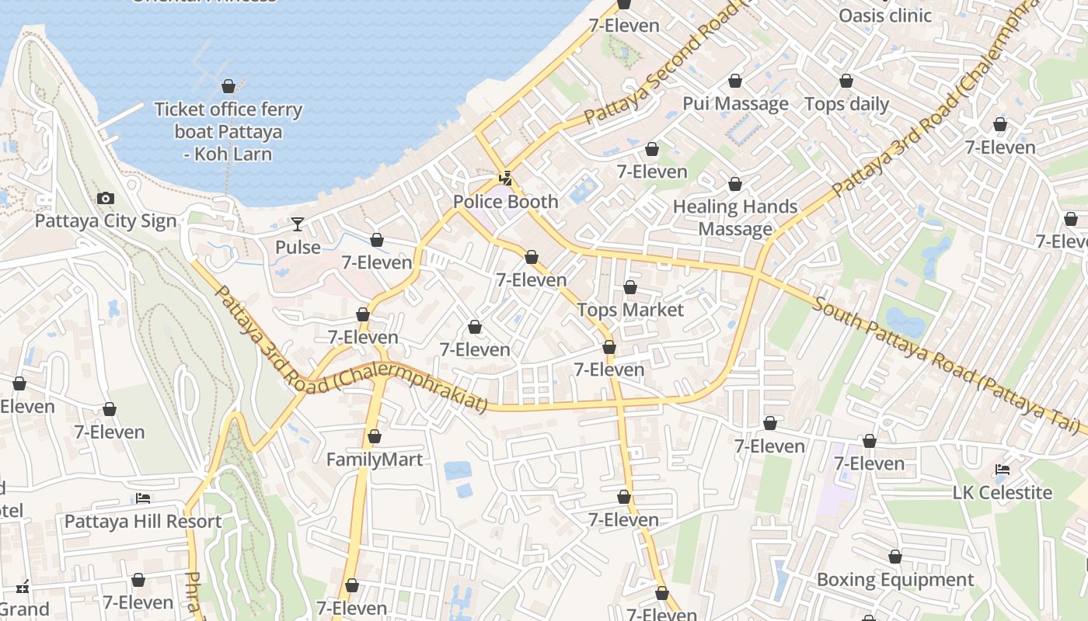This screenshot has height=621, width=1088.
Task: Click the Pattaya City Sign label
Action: pos(106,221)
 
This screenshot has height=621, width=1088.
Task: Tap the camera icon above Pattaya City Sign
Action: pos(106,199)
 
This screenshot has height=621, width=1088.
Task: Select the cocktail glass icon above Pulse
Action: pos(298,225)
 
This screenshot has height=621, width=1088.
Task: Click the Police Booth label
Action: pos(505,202)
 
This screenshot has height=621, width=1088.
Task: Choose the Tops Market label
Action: pos(630,310)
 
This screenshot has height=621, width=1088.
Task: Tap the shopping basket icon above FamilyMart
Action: pos(375,437)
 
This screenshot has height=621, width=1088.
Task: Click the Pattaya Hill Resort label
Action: pos(143,521)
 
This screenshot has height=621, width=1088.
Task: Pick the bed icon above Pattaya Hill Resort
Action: pos(143,498)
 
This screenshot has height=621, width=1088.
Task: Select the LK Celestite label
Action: pos(1003,492)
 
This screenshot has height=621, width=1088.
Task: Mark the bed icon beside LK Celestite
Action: pos(1003,470)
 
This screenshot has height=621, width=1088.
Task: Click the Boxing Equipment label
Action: pos(894,580)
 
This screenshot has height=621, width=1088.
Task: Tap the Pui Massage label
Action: pos(735,103)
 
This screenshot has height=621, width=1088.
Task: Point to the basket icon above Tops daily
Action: pos(846,81)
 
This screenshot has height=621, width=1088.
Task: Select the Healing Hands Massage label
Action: pos(735,217)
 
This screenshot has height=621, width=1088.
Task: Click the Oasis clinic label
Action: pos(884,15)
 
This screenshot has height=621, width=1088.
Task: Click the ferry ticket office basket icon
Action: pos(228,86)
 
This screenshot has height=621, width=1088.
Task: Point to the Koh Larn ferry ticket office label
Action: pos(228,131)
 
